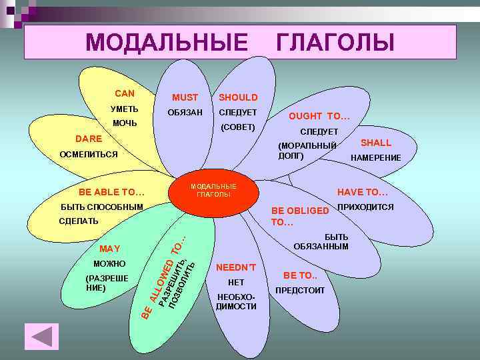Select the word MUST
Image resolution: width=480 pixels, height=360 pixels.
[185, 97]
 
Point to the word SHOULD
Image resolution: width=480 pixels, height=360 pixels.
[238, 97]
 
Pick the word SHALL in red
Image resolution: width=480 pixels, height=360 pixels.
[376, 143]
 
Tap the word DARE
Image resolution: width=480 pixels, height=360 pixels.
[89, 139]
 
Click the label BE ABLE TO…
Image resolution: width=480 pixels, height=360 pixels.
[111, 193]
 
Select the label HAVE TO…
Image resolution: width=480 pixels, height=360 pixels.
[363, 192]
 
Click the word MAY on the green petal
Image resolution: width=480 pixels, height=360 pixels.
[109, 249]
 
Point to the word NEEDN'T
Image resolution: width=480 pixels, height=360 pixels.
[236, 268]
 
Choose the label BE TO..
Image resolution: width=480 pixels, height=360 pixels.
[300, 275]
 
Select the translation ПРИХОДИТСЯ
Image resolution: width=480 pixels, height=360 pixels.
[366, 207]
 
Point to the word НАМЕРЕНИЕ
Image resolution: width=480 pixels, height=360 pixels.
[376, 158]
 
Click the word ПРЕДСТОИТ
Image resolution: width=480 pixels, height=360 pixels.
[300, 291]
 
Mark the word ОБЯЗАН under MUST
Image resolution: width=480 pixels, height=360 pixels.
[185, 112]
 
